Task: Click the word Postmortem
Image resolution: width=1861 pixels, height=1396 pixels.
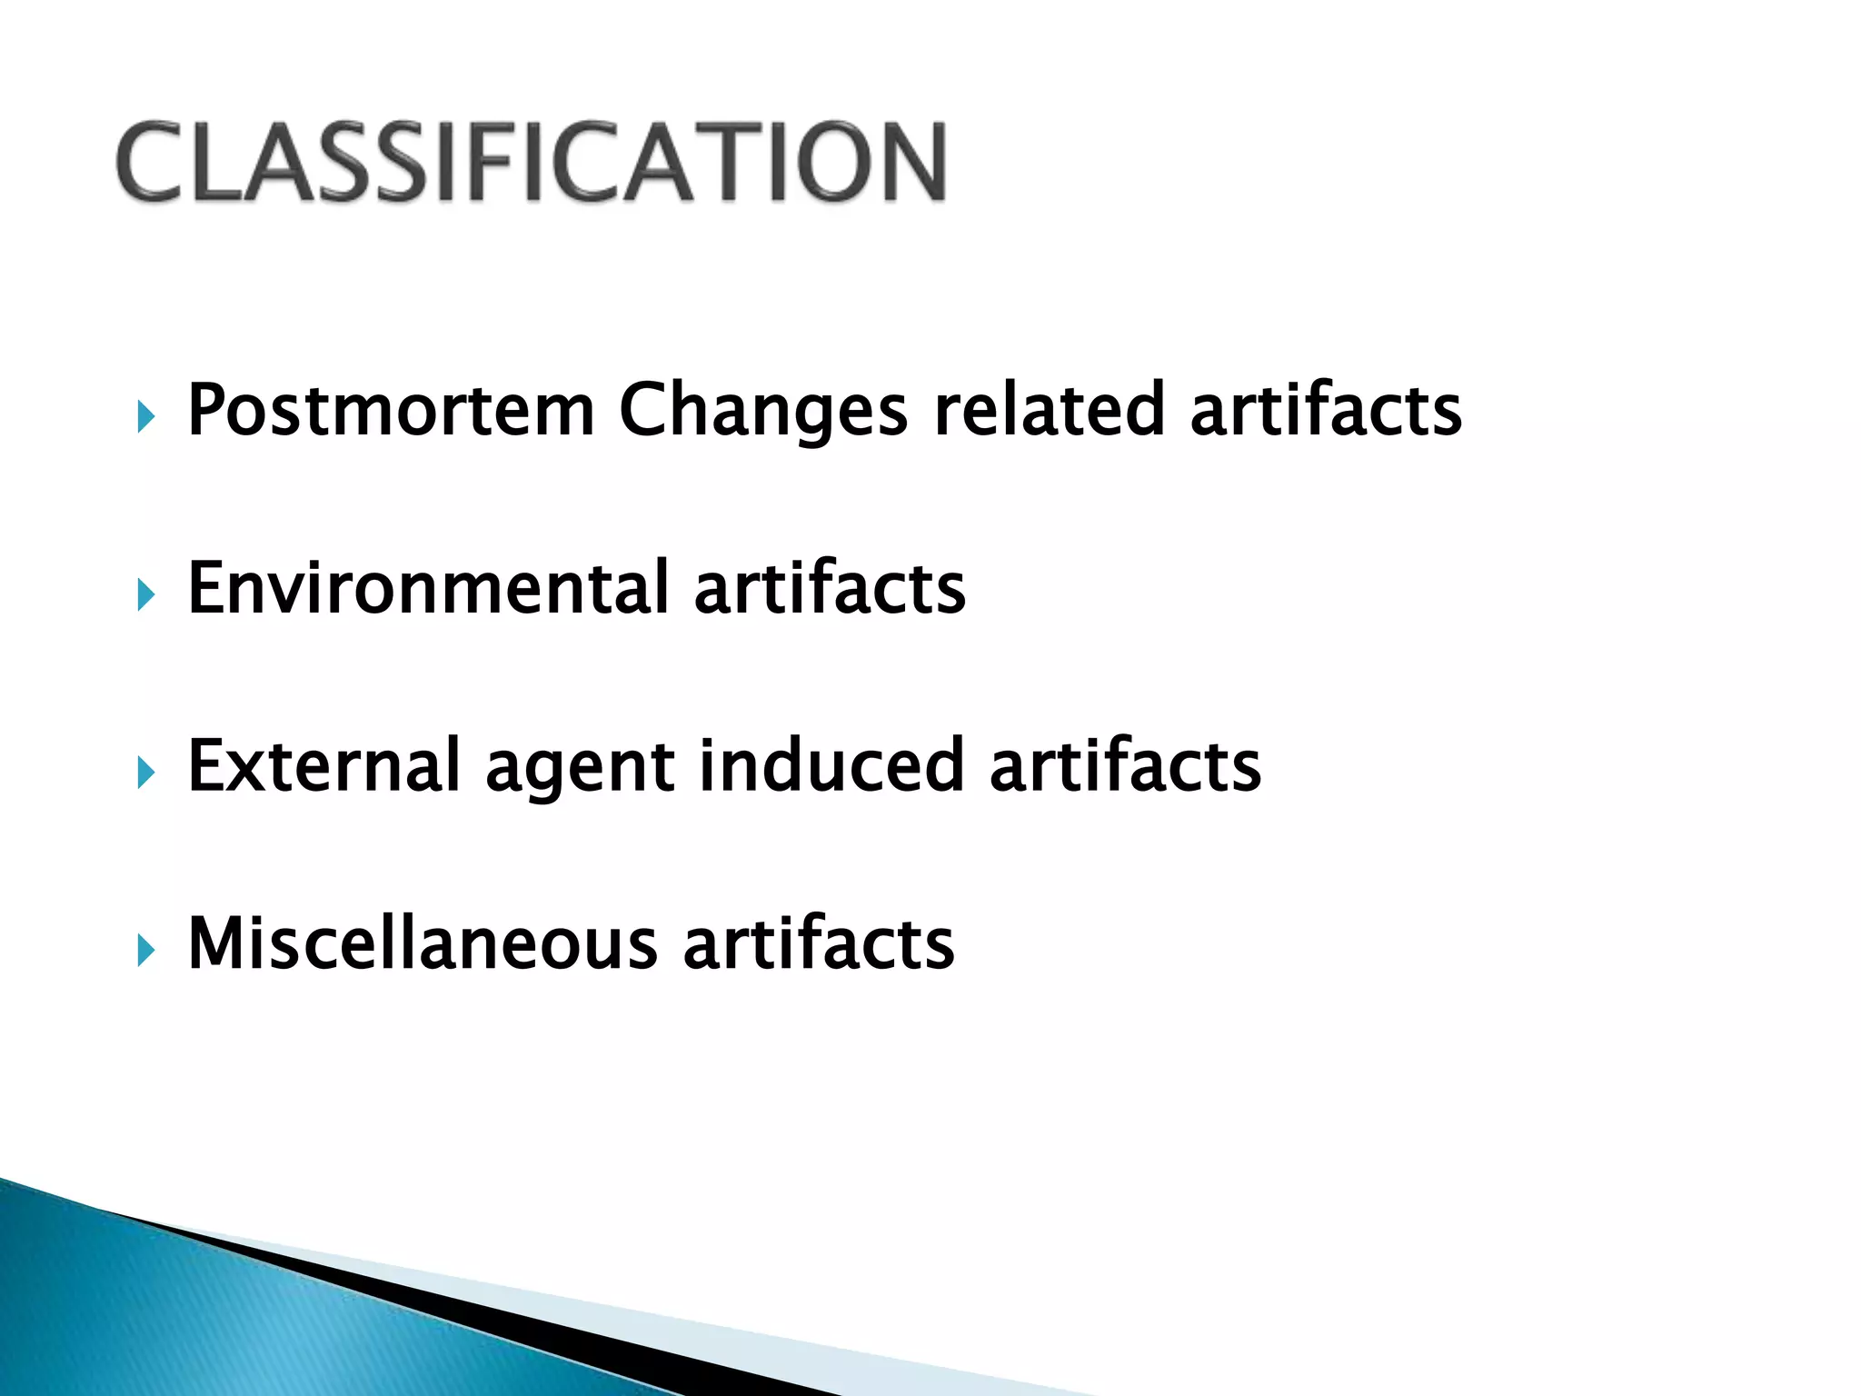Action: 391,411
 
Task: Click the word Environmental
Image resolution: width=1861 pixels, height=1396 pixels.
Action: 428,588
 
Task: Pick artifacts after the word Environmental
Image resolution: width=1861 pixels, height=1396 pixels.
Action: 829,588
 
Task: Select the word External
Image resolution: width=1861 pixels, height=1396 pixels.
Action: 323,765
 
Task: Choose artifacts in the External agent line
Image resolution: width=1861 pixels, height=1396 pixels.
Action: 1125,765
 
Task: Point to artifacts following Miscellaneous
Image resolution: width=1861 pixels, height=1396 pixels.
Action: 818,943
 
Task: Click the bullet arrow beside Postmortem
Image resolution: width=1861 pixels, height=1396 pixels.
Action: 145,418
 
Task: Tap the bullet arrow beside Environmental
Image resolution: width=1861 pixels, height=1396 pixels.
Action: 145,596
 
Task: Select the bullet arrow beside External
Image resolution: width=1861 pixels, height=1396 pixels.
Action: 145,773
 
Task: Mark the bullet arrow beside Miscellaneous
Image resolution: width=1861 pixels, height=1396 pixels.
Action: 145,952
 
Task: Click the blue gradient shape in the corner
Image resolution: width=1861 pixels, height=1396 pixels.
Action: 182,1318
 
